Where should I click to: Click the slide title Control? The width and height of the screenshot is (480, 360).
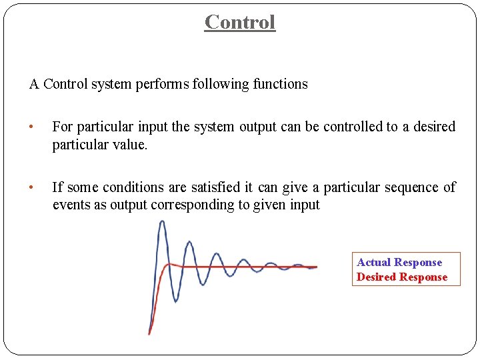coord(240,22)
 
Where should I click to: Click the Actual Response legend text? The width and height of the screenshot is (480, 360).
coord(399,263)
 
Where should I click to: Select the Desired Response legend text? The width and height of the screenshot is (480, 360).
coord(402,277)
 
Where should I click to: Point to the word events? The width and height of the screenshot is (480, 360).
coord(71,205)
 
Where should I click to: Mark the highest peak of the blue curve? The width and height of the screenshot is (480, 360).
coord(162,222)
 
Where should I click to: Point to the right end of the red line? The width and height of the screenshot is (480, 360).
coord(316,267)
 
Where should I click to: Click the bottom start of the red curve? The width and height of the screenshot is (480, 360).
coord(149,333)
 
